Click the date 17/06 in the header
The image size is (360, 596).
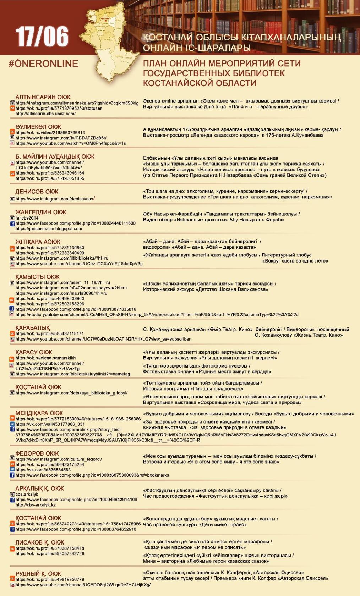click(42, 37)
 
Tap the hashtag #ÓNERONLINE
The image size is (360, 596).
click(43, 64)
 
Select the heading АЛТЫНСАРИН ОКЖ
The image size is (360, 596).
click(43, 97)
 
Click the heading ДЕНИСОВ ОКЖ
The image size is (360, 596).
click(37, 192)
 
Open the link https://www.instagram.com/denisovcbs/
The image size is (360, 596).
click(55, 199)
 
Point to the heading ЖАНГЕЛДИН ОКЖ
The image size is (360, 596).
click(41, 212)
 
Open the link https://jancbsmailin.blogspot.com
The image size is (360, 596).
click(49, 229)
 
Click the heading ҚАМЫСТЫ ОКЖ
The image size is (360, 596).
click(38, 277)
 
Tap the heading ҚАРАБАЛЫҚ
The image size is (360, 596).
click(33, 328)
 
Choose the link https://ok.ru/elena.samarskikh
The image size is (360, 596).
click(45, 358)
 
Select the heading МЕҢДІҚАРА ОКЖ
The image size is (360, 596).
click(39, 413)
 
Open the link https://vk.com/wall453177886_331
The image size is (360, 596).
click(50, 424)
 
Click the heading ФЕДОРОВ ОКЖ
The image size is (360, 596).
click(37, 453)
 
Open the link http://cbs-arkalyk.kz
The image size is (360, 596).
click(36, 505)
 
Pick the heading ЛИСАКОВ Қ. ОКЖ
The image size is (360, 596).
click(40, 542)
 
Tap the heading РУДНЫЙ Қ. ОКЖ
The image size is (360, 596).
click(38, 574)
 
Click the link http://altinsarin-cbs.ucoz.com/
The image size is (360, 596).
click(45, 114)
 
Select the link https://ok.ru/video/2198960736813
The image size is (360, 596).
click(50, 133)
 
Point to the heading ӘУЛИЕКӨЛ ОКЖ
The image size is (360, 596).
click(38, 127)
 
